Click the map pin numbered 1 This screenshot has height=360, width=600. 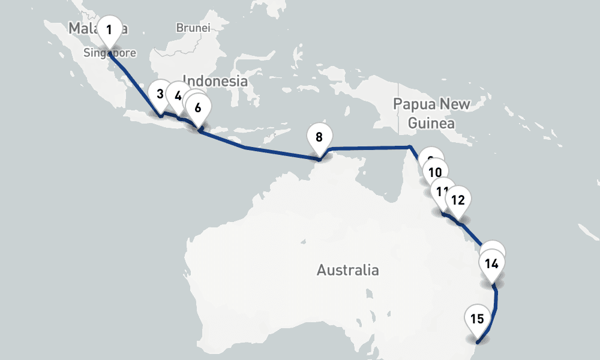click(x=109, y=29)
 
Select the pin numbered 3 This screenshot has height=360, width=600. click(x=160, y=94)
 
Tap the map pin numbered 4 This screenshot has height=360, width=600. click(x=178, y=95)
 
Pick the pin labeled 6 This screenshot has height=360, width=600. click(x=198, y=109)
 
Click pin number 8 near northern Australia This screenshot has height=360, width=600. click(x=319, y=137)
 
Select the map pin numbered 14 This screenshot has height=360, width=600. click(x=491, y=264)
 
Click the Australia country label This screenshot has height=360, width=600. click(x=347, y=270)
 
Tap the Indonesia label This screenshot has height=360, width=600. click(x=215, y=81)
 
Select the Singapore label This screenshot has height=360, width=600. click(x=110, y=53)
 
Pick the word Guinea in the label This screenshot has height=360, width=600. click(x=431, y=124)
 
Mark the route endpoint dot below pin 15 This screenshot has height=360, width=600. click(x=477, y=342)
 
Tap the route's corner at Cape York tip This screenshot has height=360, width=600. click(x=409, y=146)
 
